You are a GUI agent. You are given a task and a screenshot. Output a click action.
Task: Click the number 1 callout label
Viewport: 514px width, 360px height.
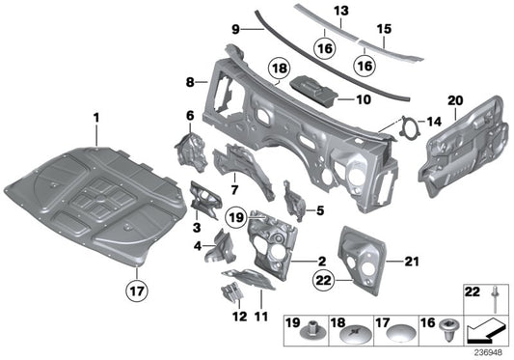[x=96, y=118]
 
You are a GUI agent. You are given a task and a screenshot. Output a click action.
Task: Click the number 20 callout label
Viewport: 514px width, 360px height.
[x=456, y=98]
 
